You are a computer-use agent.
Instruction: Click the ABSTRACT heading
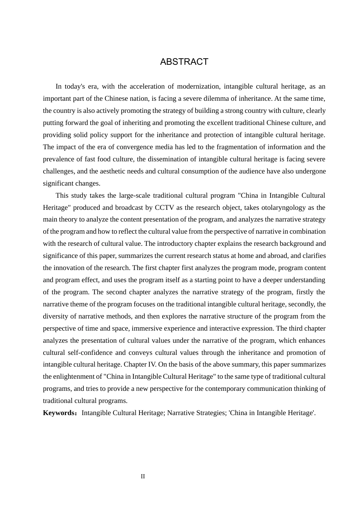click(x=184, y=62)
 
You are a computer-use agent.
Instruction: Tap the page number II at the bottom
click(x=143, y=476)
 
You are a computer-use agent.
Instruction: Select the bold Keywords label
click(x=59, y=413)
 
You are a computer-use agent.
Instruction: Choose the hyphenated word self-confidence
click(x=91, y=353)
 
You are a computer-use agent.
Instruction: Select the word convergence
click(x=134, y=147)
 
